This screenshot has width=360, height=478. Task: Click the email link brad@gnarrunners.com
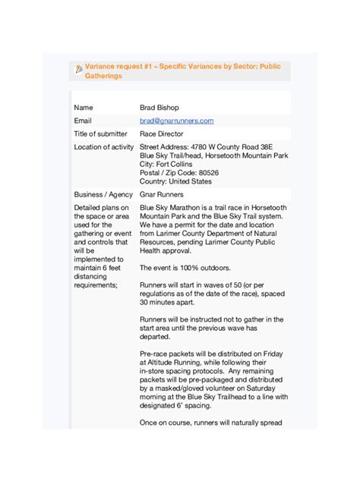[x=176, y=121]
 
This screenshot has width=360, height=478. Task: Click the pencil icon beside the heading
[x=78, y=71]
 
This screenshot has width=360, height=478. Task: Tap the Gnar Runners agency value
[x=162, y=195]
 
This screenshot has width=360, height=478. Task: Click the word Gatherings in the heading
[x=103, y=77]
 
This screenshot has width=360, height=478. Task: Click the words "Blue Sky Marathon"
[x=169, y=207]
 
